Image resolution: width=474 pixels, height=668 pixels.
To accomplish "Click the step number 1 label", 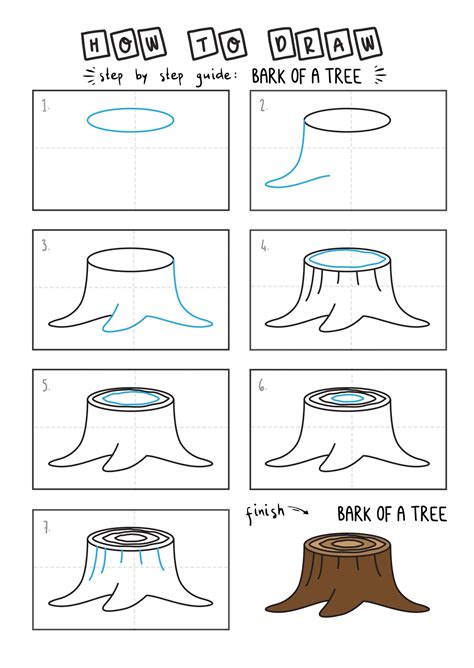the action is pos(46,106).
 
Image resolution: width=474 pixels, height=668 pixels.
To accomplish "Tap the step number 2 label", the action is pos(264,106).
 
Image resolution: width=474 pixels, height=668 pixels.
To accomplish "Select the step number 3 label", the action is pos(46,245).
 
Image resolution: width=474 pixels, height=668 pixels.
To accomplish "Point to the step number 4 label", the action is pos(264,245).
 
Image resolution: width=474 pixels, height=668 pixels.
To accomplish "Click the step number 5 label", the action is pos(46,386).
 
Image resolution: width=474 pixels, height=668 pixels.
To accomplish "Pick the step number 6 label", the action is pos(263,386).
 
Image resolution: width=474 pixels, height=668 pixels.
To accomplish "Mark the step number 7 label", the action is pos(46,528).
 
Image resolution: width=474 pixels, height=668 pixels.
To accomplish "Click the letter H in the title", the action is pos(95,45).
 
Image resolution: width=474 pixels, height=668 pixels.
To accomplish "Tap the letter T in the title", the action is pos(204,44).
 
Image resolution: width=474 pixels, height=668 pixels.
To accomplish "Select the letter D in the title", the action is pos(282,43).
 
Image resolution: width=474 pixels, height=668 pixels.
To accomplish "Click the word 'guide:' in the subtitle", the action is pos(216,76).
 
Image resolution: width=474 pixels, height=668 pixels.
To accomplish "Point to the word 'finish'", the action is pos(265,513).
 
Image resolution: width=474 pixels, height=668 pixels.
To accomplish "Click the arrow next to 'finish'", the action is pos(299,510).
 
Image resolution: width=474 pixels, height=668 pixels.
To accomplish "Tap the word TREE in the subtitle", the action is pos(344,76).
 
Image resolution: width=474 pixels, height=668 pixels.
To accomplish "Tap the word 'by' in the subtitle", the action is pos(141,76).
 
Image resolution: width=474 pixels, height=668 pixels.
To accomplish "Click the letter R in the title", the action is pos(310,44).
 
